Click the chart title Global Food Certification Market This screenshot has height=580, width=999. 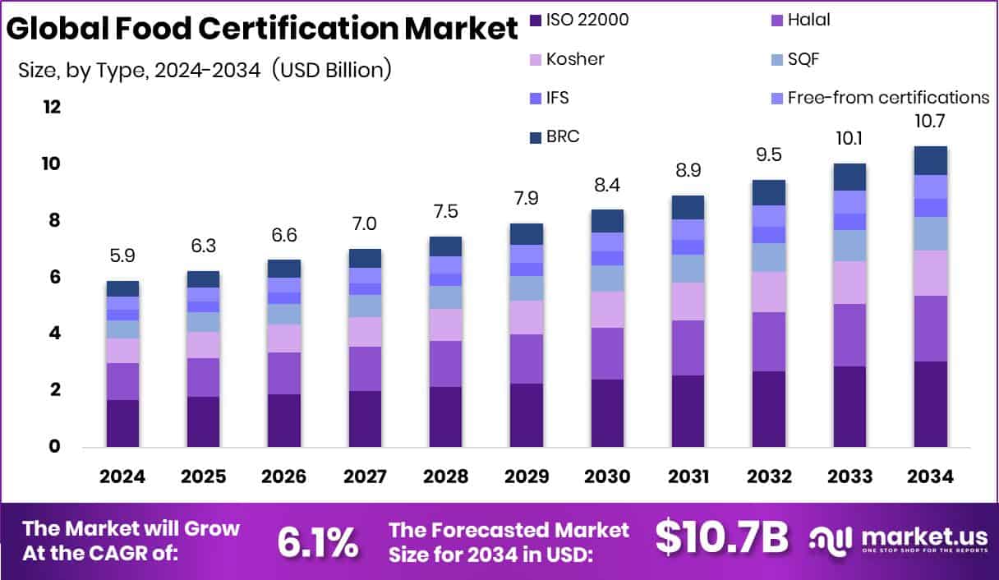point(262,29)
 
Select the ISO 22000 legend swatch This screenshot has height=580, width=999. point(536,20)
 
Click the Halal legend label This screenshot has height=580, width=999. point(808,20)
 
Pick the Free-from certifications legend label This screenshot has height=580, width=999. point(888,98)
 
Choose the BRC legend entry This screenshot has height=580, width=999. point(563,136)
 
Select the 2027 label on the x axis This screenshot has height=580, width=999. point(364,477)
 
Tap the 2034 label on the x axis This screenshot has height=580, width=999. point(930,477)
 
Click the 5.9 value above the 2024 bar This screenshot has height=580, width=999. point(122,255)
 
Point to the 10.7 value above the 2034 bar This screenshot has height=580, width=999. point(930,121)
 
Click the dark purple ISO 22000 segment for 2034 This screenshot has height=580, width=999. point(930,404)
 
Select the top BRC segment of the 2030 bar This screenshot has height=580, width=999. point(607,221)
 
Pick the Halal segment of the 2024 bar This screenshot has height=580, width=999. point(122,381)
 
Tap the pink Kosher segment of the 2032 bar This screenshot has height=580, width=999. point(769,292)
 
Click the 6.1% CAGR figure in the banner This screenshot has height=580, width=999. point(317,541)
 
